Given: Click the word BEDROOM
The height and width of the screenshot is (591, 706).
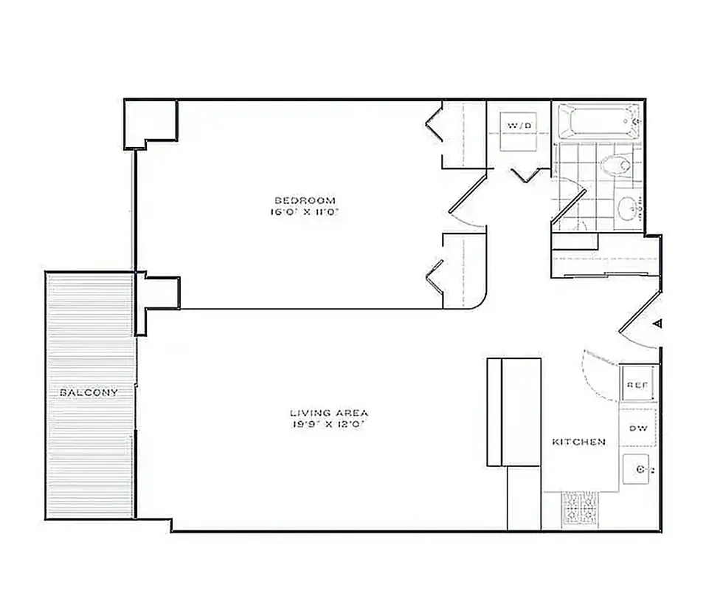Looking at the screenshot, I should tap(305, 200).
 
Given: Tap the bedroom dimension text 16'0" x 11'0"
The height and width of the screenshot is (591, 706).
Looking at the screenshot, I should tap(305, 212).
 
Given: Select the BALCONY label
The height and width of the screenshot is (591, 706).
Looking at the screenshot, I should tap(89, 392).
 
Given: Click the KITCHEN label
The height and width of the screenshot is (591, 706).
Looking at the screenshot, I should tap(579, 442).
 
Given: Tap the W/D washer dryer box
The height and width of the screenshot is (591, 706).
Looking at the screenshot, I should tap(519, 126).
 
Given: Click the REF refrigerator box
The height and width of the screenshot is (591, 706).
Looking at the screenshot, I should tap(637, 385).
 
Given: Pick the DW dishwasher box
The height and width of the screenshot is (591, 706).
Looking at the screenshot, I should tap(637, 428).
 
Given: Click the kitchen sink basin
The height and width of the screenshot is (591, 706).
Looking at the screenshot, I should tap(636, 468).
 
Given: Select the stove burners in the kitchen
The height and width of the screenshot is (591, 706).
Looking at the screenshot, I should tap(581, 508).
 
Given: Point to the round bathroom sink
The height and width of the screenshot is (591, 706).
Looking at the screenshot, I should tap(629, 208).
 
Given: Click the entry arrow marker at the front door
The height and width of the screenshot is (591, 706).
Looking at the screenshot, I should tap(658, 323).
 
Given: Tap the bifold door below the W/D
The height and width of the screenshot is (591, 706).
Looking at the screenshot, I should tap(527, 176).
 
